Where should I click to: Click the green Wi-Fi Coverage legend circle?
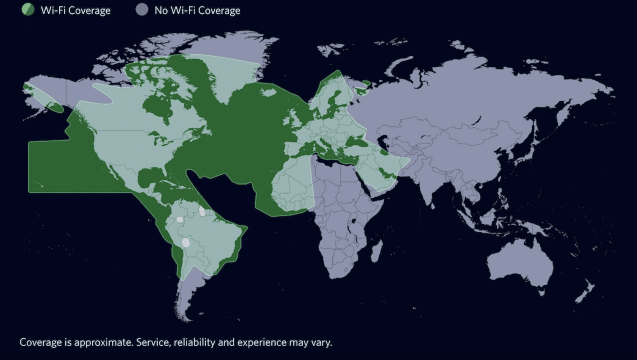click(x=28, y=10)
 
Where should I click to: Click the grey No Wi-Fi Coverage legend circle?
click(x=142, y=10)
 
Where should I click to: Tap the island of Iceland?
click(x=267, y=92)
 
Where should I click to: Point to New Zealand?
click(x=585, y=291)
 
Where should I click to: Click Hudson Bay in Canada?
click(x=157, y=106)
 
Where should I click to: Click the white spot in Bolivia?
click(x=186, y=242)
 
